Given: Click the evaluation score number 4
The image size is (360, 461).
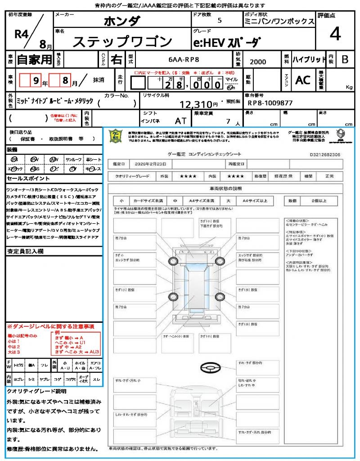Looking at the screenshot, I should pos(335,34).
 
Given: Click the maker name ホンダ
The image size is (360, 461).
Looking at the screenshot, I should pos(122,21).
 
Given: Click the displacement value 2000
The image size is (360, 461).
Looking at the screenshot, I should pos(258,62).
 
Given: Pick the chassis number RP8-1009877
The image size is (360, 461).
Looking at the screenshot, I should pos(270,103).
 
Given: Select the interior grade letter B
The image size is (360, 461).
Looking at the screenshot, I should pos(345,59).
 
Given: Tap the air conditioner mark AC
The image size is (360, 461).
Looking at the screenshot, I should pos(303,80).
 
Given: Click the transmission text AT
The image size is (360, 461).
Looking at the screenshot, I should pos(180,121).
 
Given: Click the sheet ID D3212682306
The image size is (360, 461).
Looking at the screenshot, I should pos(325,154).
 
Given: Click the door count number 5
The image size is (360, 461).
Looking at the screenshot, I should pos(219,21).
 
